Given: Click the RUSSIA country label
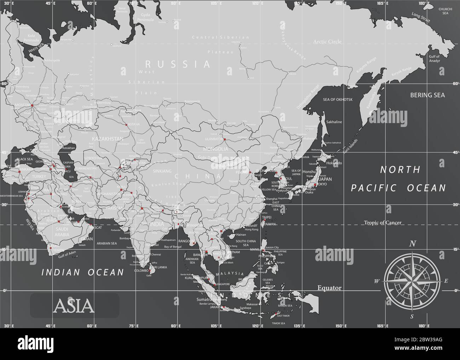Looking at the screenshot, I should click(x=178, y=64).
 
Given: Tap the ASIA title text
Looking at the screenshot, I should click(x=74, y=306).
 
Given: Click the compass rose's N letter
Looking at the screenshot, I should click(x=412, y=243).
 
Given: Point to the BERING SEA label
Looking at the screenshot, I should click(x=427, y=95).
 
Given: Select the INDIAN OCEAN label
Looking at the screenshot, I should click(x=83, y=272).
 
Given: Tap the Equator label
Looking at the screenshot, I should click(x=329, y=288).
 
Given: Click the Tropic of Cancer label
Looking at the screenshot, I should click(x=383, y=222).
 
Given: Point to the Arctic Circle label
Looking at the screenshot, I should click(x=327, y=42).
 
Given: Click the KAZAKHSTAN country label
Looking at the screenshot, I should click(x=107, y=139).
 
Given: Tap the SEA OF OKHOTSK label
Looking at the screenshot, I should click(x=338, y=100).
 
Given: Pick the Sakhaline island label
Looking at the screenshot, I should click(x=334, y=122).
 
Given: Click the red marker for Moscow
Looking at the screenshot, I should click(x=32, y=105).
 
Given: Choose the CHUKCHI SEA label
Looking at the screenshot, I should click(x=443, y=11).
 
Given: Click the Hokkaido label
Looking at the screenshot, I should click(x=334, y=163).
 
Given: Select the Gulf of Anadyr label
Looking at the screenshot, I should click(x=434, y=58).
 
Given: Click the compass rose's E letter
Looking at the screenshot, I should click(x=446, y=281).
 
